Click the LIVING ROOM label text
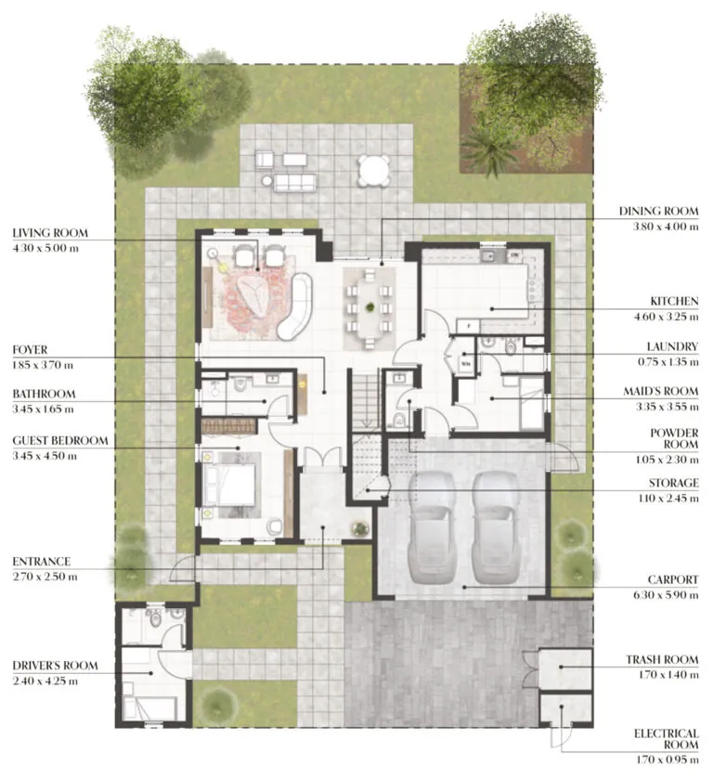coord(50,232)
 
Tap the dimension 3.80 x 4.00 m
coord(663,227)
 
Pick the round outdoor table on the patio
coord(374,170)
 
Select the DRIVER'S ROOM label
coord(55,666)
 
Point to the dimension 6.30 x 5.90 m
coord(664,595)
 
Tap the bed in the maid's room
coord(531,403)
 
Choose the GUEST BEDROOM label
coord(60,440)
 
